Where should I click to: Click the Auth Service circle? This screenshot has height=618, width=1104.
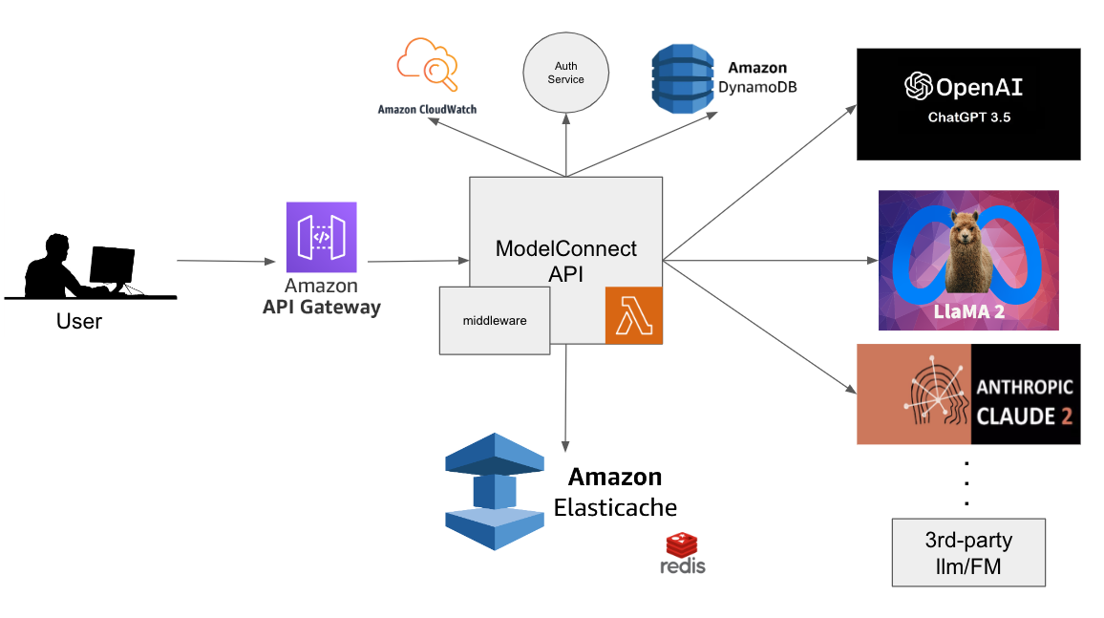click(x=566, y=74)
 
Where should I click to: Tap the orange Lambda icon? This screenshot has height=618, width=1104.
click(x=634, y=315)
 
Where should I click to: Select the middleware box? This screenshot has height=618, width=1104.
click(x=495, y=320)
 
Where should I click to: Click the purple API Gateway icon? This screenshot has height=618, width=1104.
click(x=321, y=237)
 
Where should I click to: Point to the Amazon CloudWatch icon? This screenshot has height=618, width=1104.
click(x=427, y=65)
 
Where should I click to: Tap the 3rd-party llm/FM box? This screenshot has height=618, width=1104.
click(x=968, y=552)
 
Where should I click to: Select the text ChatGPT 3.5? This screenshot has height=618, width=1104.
click(x=968, y=118)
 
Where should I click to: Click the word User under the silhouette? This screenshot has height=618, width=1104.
click(x=79, y=321)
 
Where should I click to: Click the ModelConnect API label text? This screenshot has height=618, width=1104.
click(x=566, y=261)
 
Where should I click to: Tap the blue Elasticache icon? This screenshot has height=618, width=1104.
click(x=494, y=491)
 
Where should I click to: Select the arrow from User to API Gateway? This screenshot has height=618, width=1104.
click(x=225, y=260)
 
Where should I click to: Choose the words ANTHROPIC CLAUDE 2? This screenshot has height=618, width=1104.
click(x=1024, y=402)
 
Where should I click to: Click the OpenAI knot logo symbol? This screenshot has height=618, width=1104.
click(x=918, y=87)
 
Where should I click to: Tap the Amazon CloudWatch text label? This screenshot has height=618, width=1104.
click(x=427, y=110)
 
